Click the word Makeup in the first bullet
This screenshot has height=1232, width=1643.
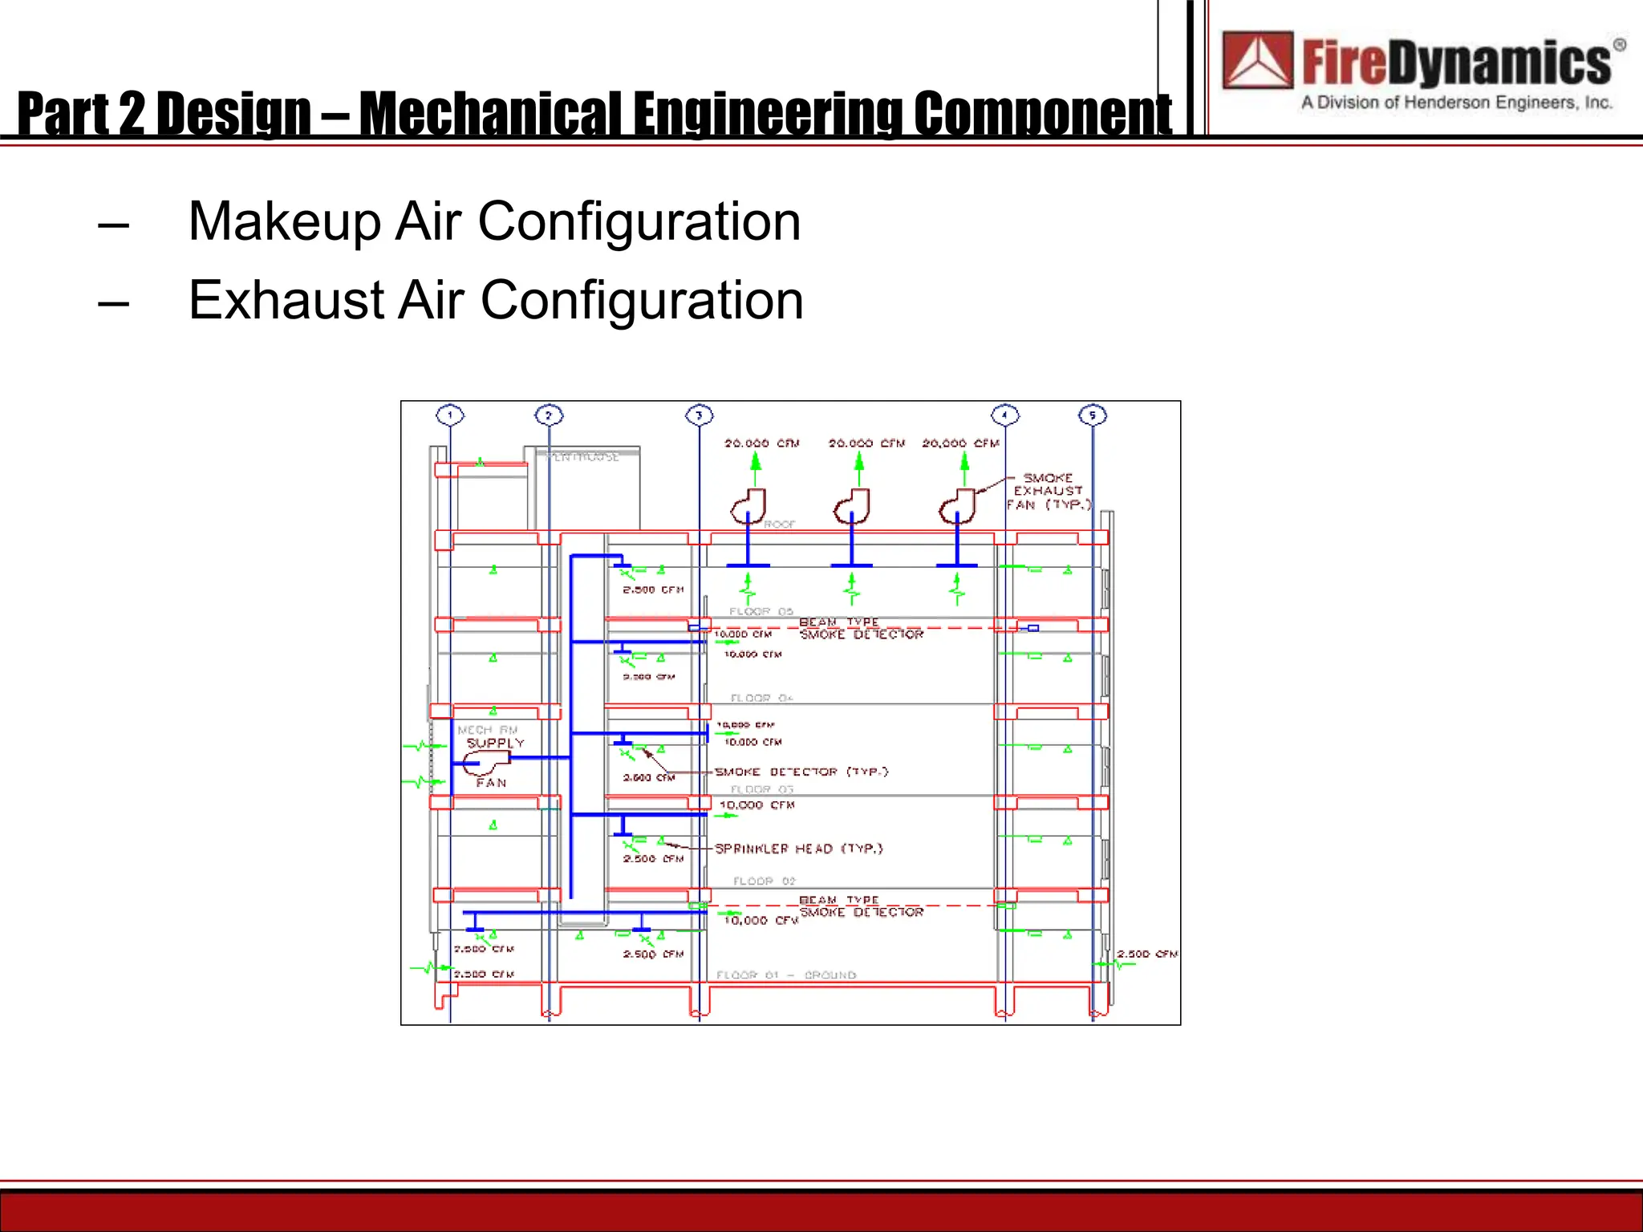click(284, 221)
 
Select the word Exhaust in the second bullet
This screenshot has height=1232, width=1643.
click(286, 301)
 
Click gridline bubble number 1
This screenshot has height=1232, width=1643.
click(450, 415)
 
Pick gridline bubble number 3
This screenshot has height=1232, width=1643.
click(699, 415)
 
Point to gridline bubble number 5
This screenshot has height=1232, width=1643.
click(1092, 415)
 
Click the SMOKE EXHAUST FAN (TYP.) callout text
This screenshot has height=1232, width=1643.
click(1049, 491)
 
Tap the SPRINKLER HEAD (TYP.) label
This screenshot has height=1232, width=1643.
click(798, 849)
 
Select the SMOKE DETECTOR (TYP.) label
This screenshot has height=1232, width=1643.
click(801, 772)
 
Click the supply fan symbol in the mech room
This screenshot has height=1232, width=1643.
click(485, 763)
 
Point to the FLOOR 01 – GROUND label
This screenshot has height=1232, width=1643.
click(786, 975)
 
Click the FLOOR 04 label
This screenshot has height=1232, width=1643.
click(761, 698)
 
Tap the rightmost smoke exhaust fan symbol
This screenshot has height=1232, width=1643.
click(957, 506)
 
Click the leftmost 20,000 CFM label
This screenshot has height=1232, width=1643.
click(761, 443)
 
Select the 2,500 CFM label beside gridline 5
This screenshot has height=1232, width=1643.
click(1147, 954)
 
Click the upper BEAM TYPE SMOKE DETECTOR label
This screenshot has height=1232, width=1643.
click(861, 628)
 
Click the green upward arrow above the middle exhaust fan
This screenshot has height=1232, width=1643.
click(859, 463)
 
